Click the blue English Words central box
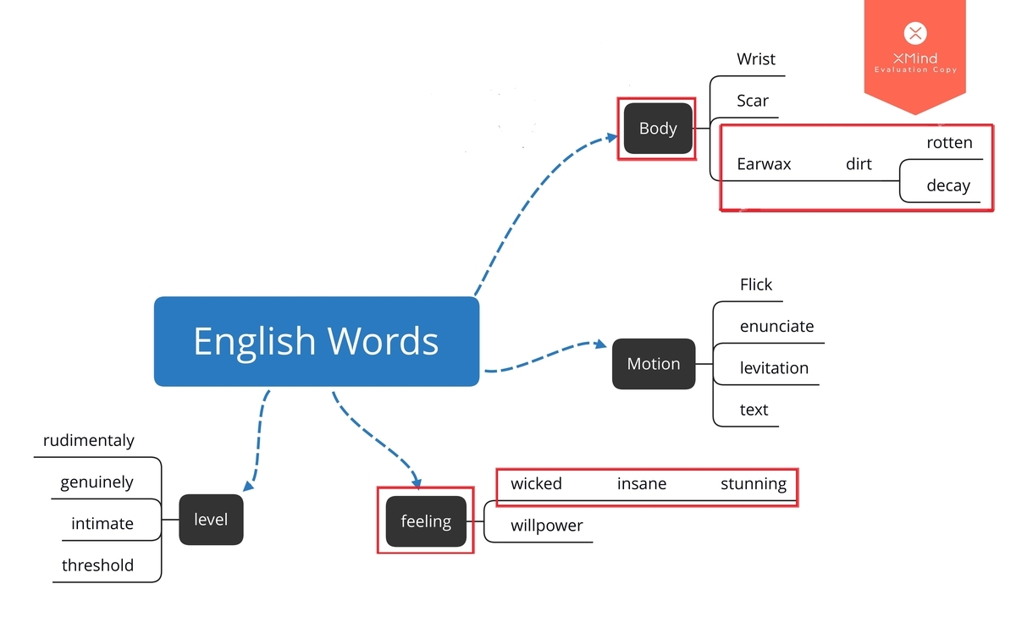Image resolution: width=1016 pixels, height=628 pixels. [317, 341]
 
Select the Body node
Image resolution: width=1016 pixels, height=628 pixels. [658, 129]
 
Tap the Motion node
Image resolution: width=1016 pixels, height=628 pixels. [654, 364]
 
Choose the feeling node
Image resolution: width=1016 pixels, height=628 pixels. [426, 521]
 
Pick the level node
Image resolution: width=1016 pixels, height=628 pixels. [211, 520]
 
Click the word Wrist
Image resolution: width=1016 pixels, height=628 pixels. [755, 59]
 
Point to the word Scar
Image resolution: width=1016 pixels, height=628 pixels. [753, 101]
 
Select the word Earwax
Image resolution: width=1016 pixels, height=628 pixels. [764, 163]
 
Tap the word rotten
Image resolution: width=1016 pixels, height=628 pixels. [949, 142]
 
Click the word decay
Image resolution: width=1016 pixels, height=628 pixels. [948, 185]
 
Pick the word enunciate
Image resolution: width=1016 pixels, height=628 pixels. [776, 326]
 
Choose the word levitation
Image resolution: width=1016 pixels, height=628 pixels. [774, 367]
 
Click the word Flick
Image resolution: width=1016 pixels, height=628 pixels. [755, 284]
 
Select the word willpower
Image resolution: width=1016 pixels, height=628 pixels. [547, 526]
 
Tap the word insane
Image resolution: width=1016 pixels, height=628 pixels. [642, 484]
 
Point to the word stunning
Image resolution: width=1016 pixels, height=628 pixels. [754, 484]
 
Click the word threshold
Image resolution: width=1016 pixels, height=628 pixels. [97, 565]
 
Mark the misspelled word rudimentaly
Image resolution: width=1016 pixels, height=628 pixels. [88, 440]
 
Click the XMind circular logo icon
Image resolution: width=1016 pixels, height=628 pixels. [915, 33]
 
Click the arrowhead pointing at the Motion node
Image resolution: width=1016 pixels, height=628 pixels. [600, 344]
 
